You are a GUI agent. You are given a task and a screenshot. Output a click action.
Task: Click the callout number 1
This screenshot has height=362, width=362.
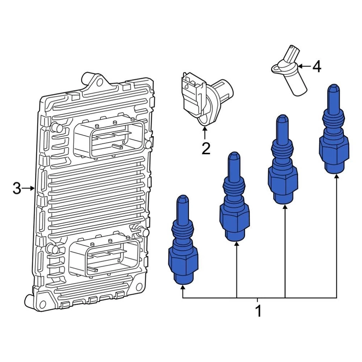click(x=259, y=311)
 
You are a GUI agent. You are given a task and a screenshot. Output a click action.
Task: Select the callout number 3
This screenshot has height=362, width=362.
click(x=17, y=188)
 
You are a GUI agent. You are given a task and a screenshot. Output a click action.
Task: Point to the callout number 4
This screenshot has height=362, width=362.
click(x=316, y=66)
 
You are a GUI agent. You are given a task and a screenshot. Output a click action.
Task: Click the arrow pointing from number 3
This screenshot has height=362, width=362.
click(x=28, y=189)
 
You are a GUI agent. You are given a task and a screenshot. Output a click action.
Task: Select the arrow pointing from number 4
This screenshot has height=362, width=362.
click(x=304, y=66)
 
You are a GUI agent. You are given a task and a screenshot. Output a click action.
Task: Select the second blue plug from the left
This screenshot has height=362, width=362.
click(x=234, y=196)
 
